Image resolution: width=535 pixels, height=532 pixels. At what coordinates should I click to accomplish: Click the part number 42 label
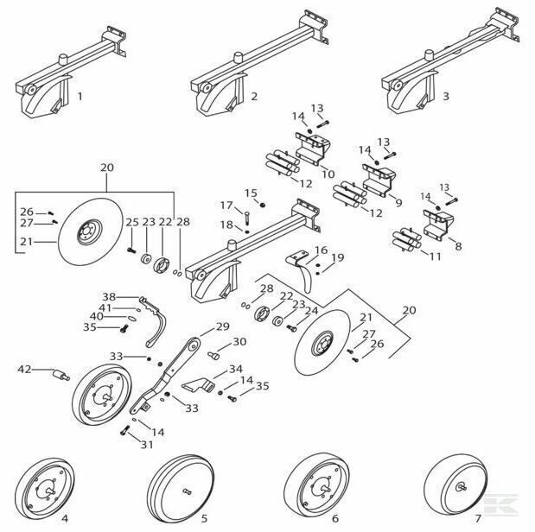(x=24, y=369)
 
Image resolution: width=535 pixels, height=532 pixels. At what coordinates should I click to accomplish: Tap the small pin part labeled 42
(x=61, y=375)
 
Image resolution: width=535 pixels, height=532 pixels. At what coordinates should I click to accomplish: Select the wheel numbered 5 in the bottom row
(x=181, y=488)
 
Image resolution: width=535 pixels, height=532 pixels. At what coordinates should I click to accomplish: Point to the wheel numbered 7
(x=455, y=485)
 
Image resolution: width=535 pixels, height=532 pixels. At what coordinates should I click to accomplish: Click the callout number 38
(x=109, y=296)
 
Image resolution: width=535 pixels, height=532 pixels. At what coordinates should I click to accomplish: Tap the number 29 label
(x=222, y=326)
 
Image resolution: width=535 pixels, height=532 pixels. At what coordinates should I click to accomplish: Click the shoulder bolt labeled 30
(x=213, y=355)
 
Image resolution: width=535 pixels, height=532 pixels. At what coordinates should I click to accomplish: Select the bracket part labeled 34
(x=198, y=385)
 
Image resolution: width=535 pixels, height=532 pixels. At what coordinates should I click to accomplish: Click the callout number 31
(x=147, y=445)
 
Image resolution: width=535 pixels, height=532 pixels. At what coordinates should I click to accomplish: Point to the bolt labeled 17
(x=247, y=218)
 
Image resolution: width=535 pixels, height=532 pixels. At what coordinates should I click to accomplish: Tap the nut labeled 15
(x=263, y=205)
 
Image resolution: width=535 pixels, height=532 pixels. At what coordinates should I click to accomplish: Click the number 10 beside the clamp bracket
(x=328, y=174)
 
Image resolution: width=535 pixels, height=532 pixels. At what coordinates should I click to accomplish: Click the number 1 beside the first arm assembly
(x=80, y=97)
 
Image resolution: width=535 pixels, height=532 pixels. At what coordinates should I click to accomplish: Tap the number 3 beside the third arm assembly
(x=446, y=97)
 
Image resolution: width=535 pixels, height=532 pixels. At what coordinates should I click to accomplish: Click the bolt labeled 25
(x=131, y=250)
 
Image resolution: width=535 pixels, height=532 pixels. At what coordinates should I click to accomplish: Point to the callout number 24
(x=312, y=311)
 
